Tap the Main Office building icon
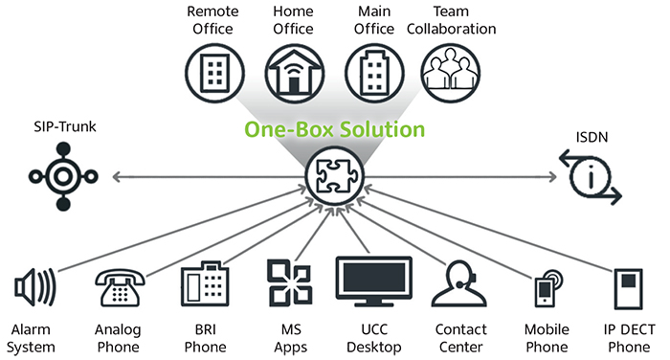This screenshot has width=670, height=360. click(371, 70)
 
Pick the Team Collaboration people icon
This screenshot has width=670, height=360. click(450, 70)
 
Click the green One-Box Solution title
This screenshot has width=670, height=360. click(335, 128)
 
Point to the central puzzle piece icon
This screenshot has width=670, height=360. click(334, 177)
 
